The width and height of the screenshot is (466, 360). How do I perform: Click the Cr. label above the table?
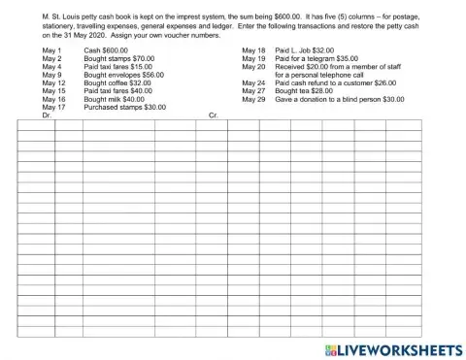[x=214, y=115]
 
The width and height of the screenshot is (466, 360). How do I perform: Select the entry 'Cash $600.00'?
[x=106, y=49]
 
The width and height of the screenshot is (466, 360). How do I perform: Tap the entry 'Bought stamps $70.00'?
[x=119, y=58]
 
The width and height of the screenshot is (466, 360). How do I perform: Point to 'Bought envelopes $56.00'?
[x=124, y=75]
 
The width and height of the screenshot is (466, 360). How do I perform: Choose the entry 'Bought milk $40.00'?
[x=114, y=99]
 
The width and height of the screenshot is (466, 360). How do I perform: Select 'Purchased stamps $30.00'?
[x=124, y=107]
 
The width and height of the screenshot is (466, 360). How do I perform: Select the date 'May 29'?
[x=253, y=99]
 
